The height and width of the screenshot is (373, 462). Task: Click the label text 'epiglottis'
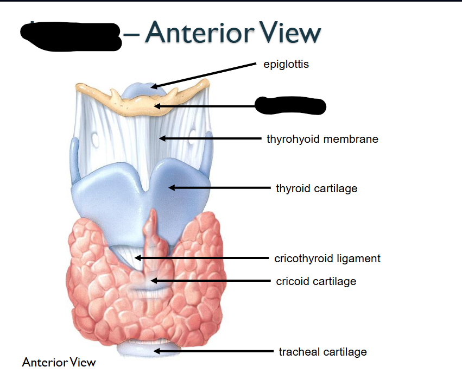[286, 65]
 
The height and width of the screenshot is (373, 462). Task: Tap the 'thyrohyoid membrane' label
[322, 139]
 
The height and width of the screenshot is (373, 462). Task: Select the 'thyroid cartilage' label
[317, 188]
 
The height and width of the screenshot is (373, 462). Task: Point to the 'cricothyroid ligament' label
[327, 258]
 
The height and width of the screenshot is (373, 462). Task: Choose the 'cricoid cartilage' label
[316, 281]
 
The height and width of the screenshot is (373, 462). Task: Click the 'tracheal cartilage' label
[322, 352]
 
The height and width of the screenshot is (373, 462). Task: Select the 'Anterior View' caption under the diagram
[59, 362]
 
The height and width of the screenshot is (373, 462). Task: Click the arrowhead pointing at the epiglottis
[154, 86]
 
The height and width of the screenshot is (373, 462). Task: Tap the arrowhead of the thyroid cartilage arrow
[172, 188]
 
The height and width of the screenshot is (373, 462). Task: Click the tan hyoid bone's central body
[142, 103]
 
